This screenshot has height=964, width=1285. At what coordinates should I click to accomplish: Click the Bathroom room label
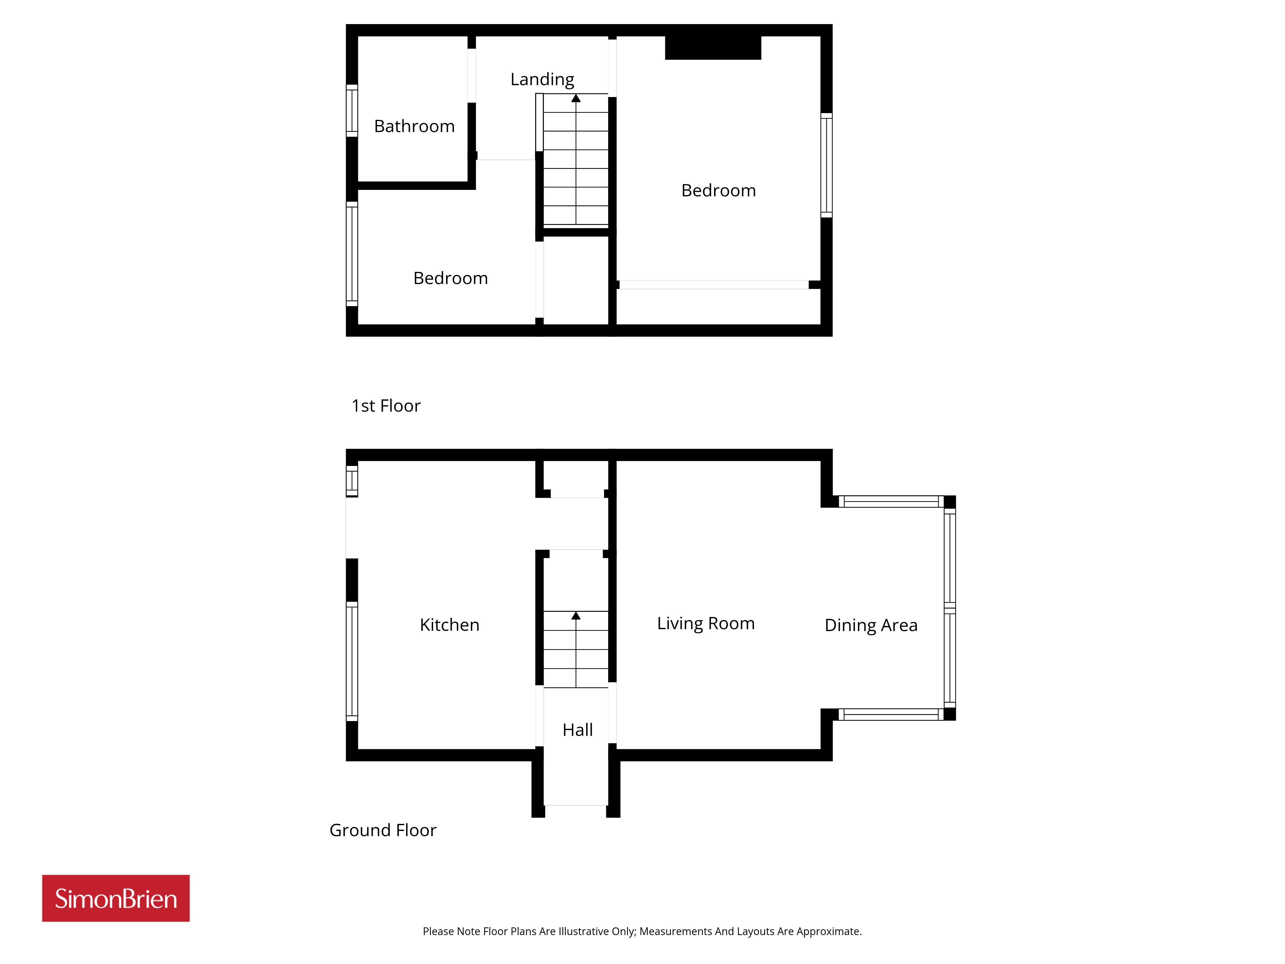tap(414, 126)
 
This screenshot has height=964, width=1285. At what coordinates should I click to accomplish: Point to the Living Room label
tap(706, 623)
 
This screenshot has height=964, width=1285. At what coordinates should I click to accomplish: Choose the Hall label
tap(577, 730)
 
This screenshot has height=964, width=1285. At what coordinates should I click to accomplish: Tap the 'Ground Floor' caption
tap(383, 830)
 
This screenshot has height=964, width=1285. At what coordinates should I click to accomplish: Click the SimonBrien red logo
tap(116, 898)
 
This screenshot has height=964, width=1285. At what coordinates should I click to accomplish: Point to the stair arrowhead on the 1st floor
tap(576, 98)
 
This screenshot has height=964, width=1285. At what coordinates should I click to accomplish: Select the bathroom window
tap(352, 111)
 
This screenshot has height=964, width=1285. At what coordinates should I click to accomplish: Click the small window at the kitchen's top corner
tap(352, 481)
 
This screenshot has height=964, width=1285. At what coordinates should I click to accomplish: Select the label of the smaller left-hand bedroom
tap(451, 278)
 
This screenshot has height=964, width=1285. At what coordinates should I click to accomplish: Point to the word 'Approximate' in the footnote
tap(829, 932)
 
